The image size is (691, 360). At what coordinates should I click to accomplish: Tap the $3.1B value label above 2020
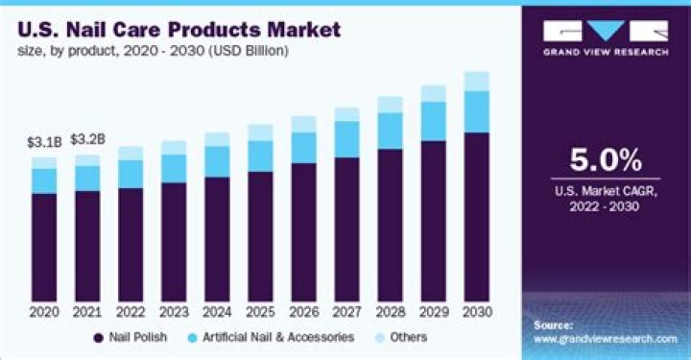pos(43,142)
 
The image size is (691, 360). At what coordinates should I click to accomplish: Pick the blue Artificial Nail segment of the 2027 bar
pos(346,138)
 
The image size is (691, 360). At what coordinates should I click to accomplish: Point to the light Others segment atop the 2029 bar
pos(434,93)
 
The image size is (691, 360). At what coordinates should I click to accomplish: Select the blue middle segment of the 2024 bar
pos(217,161)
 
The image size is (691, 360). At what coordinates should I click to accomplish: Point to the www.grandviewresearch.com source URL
pos(604,339)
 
